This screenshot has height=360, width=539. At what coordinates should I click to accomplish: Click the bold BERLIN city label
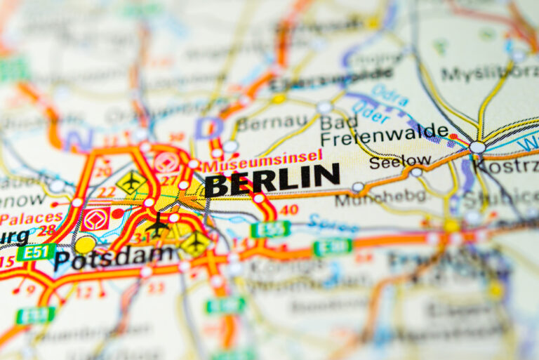[272, 180]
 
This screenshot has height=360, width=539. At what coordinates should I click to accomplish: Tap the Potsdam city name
[114, 258]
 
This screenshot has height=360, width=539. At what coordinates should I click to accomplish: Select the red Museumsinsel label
[262, 161]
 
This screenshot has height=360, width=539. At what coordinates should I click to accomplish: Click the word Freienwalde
[385, 131]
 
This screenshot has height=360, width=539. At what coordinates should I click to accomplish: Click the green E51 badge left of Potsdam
[36, 251]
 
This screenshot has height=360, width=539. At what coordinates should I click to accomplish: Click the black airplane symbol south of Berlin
[157, 225]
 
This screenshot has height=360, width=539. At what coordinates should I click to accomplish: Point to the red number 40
[288, 209]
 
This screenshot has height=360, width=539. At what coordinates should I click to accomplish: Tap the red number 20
[103, 171]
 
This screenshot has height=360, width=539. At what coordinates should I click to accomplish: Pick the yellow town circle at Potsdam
[85, 244]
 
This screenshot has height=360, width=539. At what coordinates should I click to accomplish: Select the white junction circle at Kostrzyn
[477, 147]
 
